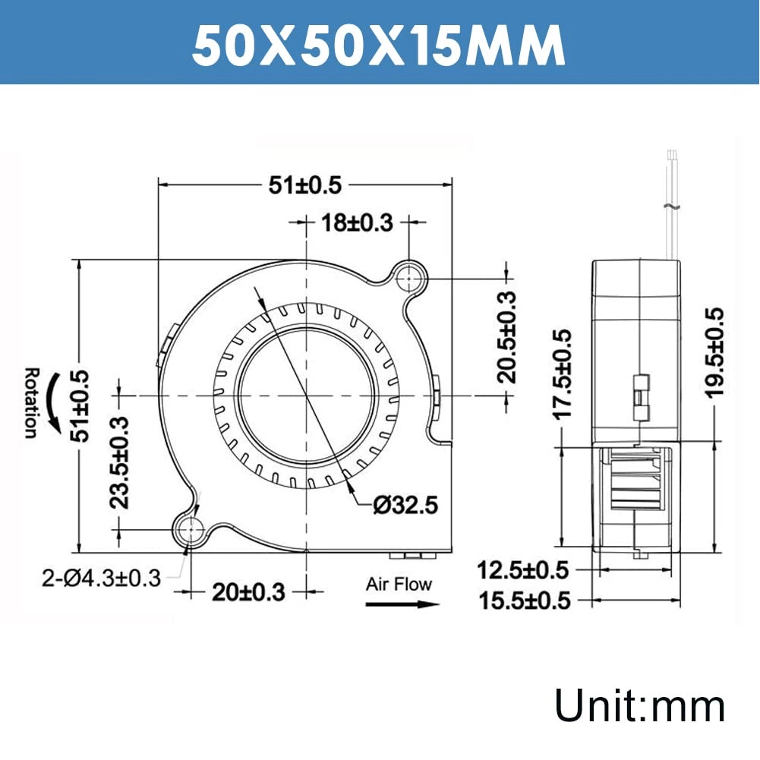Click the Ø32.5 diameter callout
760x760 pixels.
405,505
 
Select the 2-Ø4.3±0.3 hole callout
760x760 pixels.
101,579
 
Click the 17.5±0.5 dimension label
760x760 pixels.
562,374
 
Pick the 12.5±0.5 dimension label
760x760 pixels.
524,569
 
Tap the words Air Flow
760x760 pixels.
399,584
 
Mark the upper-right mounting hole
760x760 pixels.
410,278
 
